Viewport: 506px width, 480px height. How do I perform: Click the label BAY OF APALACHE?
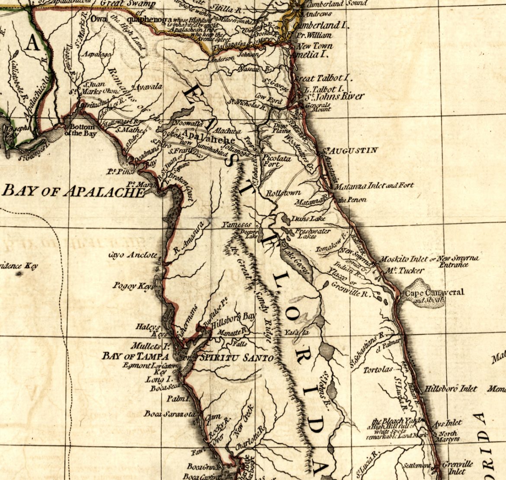pos(73,191)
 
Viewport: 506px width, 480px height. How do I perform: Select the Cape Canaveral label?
pos(434,292)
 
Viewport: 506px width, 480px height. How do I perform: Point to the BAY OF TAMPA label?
pos(135,356)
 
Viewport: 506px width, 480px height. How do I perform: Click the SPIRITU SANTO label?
pos(236,358)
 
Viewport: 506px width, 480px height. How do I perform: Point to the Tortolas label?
pos(378,370)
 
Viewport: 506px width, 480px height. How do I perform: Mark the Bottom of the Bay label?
pos(82,130)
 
